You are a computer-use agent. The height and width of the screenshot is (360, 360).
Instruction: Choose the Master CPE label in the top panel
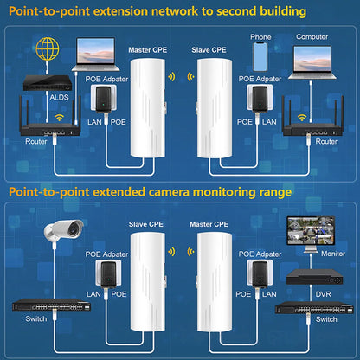(147, 50)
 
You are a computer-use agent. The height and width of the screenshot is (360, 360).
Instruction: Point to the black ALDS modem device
(50, 81)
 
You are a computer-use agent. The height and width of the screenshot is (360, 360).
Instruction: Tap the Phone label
(260, 37)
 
